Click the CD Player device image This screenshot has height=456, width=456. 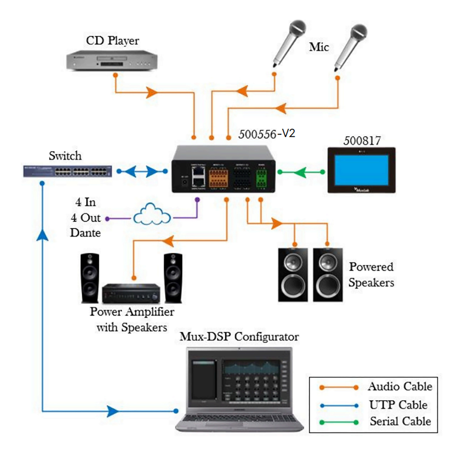tap(113, 60)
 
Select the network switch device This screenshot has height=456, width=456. tap(67, 171)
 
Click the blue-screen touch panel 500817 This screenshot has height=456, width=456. tap(361, 170)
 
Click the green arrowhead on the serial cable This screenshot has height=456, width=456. tap(300, 172)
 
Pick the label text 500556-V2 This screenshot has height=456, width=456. tap(266, 134)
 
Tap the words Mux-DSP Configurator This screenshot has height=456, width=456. tap(239, 337)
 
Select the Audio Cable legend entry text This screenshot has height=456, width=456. tap(400, 387)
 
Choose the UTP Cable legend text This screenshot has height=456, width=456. tap(398, 405)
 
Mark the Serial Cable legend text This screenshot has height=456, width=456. tap(400, 421)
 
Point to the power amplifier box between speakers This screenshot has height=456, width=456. tap(131, 293)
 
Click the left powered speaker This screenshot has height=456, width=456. tap(293, 275)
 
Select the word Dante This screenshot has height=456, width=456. tap(85, 233)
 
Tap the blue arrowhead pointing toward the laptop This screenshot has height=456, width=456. tap(113, 411)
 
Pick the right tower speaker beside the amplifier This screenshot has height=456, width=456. tap(173, 278)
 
